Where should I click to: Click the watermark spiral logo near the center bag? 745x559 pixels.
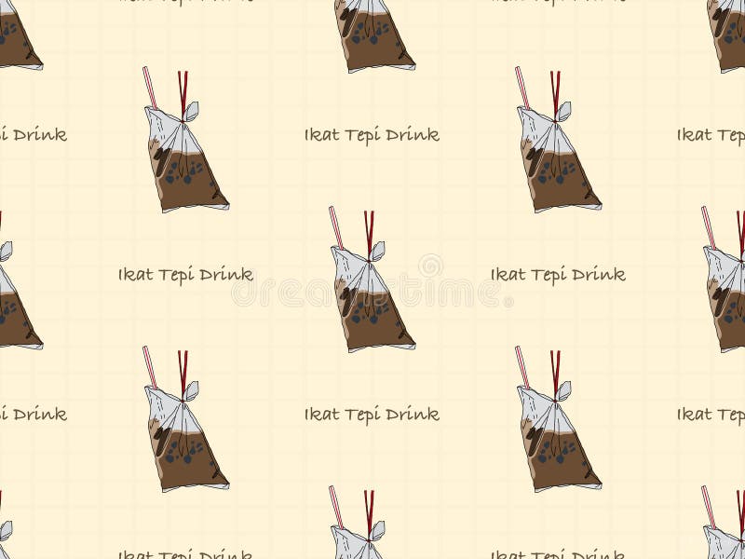tap(429, 266)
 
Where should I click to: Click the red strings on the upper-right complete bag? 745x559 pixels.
tap(555, 90)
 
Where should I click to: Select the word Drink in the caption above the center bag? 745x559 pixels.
tap(412, 135)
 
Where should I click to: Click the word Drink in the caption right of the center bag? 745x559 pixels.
tap(598, 275)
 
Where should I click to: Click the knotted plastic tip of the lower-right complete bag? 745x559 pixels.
tap(564, 389)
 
